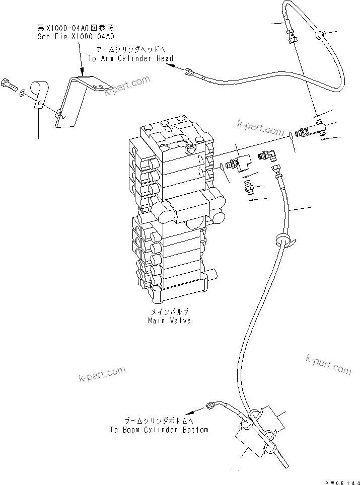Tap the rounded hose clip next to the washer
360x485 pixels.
tap(39, 94)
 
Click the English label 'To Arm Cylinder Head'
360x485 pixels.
tap(130, 58)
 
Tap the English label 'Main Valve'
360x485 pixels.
tap(169, 320)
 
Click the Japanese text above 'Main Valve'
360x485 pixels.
tap(169, 312)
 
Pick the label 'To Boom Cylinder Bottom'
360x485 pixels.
tap(159, 430)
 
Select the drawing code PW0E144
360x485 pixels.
tap(340, 481)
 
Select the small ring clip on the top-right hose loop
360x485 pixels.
tap(318, 35)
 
